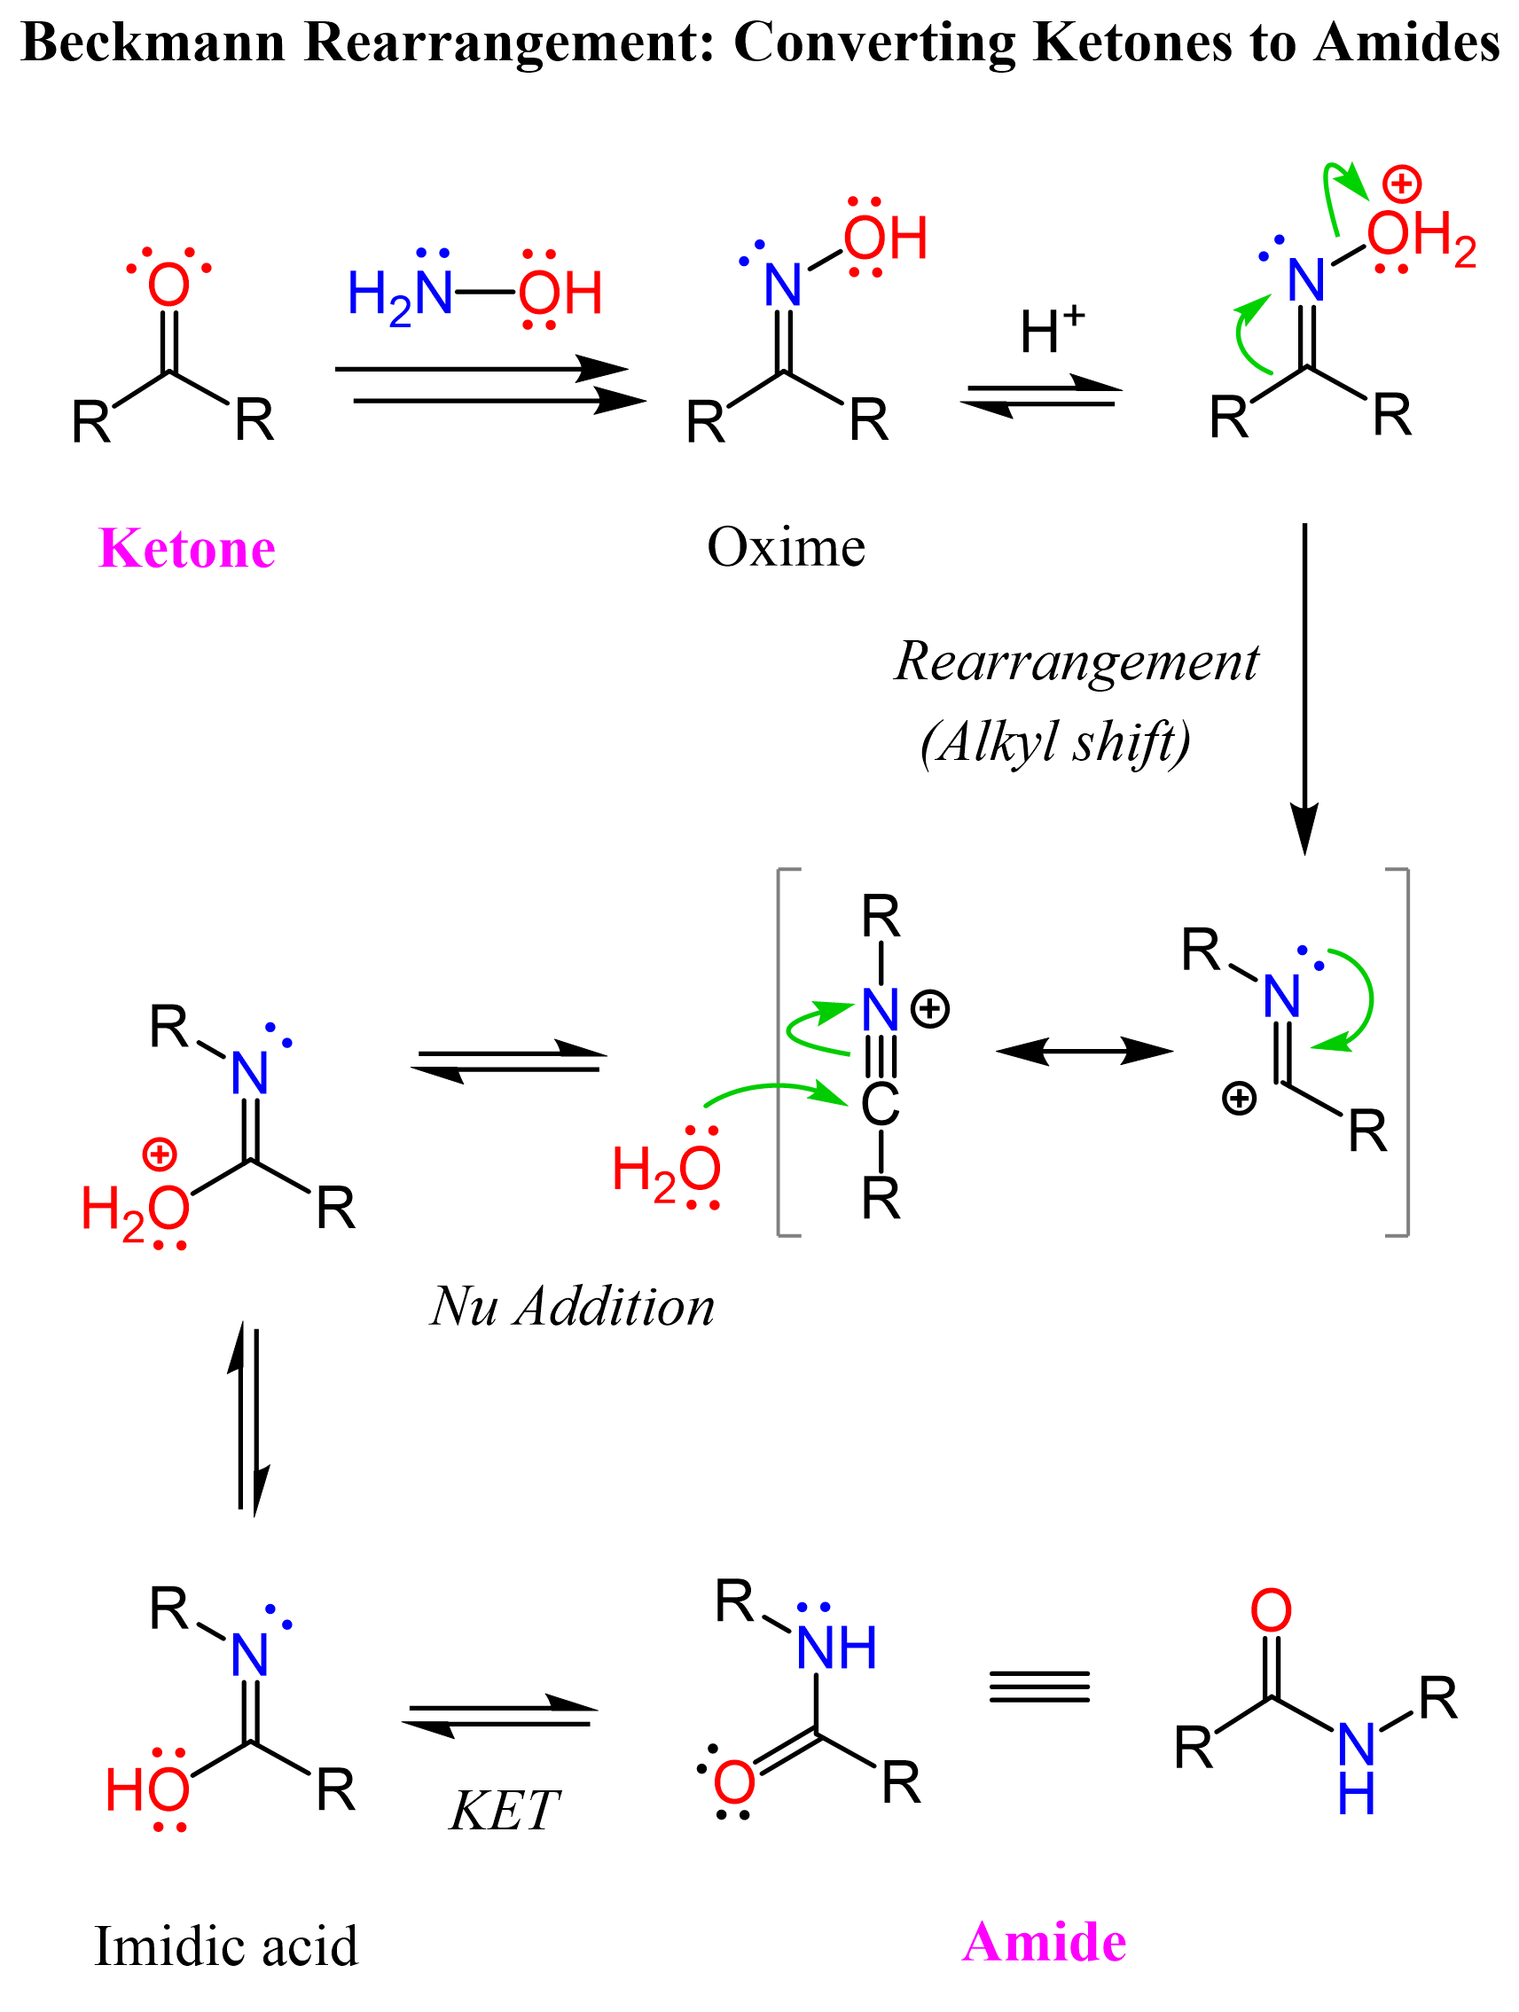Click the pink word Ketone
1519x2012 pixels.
186,549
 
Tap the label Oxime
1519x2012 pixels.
786,548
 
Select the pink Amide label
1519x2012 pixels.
1045,1941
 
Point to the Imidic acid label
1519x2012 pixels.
226,1945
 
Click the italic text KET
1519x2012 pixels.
505,1810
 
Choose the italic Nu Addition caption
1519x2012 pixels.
572,1307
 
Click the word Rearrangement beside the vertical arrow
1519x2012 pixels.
1077,662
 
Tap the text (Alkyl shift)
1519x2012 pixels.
1055,742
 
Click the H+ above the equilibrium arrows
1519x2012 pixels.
1051,328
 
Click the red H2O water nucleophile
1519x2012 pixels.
666,1170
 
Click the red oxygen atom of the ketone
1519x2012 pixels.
168,285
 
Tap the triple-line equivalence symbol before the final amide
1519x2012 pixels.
1038,1687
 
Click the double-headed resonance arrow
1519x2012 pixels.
1084,1052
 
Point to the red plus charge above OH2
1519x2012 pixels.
1402,184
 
